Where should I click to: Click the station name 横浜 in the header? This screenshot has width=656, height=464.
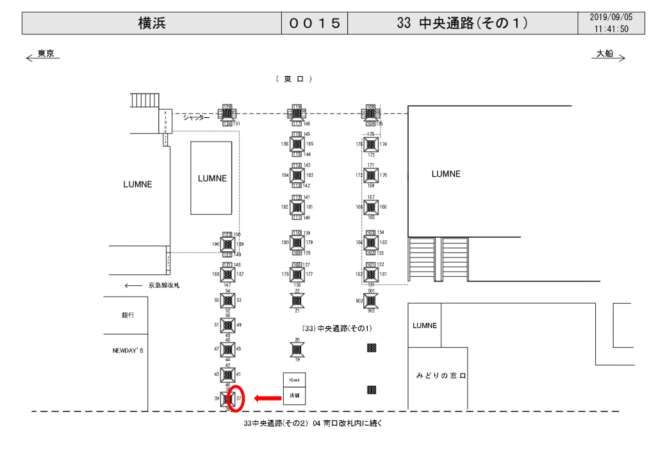(151, 23)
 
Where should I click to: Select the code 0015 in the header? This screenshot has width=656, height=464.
(314, 23)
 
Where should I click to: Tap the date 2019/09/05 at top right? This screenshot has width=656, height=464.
(611, 17)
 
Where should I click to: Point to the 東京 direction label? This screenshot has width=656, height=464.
(45, 54)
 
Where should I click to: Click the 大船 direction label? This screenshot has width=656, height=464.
(605, 54)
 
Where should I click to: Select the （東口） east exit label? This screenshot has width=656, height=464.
(293, 79)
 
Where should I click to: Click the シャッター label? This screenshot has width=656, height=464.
(196, 117)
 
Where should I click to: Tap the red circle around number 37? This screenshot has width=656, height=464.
(238, 399)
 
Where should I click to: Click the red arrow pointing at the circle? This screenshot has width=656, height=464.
(268, 399)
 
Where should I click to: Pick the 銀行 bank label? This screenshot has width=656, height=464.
(127, 315)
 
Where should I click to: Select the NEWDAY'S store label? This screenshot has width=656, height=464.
(128, 351)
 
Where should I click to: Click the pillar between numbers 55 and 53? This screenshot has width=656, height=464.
(227, 300)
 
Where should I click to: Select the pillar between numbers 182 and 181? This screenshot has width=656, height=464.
(297, 207)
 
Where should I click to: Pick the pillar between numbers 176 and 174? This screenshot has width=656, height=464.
(371, 145)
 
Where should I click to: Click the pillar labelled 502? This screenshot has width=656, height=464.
(371, 300)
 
